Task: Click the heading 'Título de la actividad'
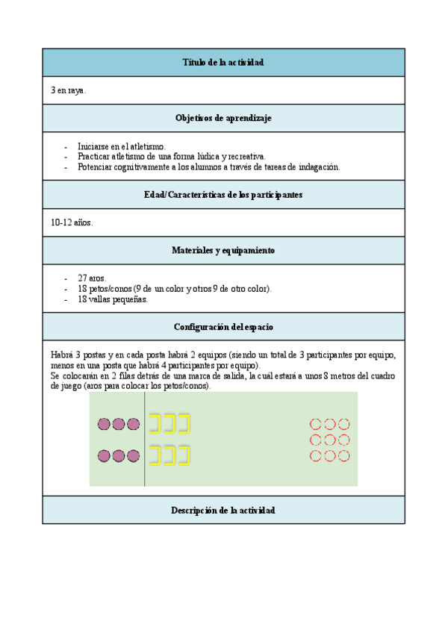[223, 63]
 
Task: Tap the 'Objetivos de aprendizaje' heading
[223, 118]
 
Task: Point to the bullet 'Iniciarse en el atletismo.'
[121, 146]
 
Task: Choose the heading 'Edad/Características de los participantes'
[223, 195]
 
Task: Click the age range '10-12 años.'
[72, 222]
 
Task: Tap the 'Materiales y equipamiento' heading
[223, 251]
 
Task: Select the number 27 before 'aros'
[83, 278]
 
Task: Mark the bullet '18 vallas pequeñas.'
[113, 299]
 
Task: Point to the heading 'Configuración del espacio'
[223, 327]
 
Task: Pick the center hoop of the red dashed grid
[329, 440]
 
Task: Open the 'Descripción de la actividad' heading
[223, 511]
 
